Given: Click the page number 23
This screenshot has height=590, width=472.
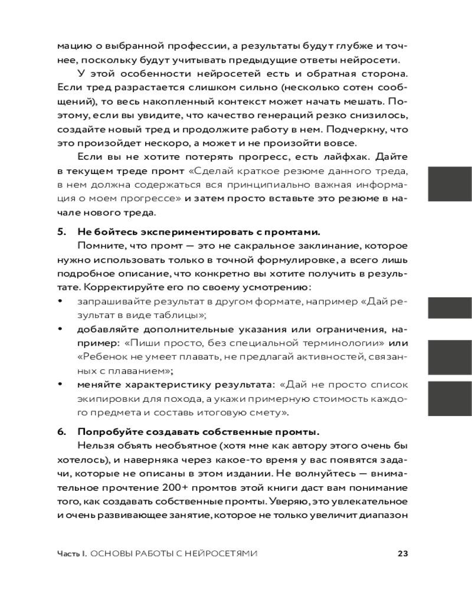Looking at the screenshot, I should pyautogui.click(x=403, y=553).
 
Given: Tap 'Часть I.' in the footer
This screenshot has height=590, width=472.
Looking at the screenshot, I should pyautogui.click(x=72, y=553).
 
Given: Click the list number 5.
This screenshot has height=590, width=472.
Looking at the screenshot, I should pyautogui.click(x=60, y=231).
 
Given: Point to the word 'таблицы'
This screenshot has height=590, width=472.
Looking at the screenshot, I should pyautogui.click(x=180, y=316).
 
